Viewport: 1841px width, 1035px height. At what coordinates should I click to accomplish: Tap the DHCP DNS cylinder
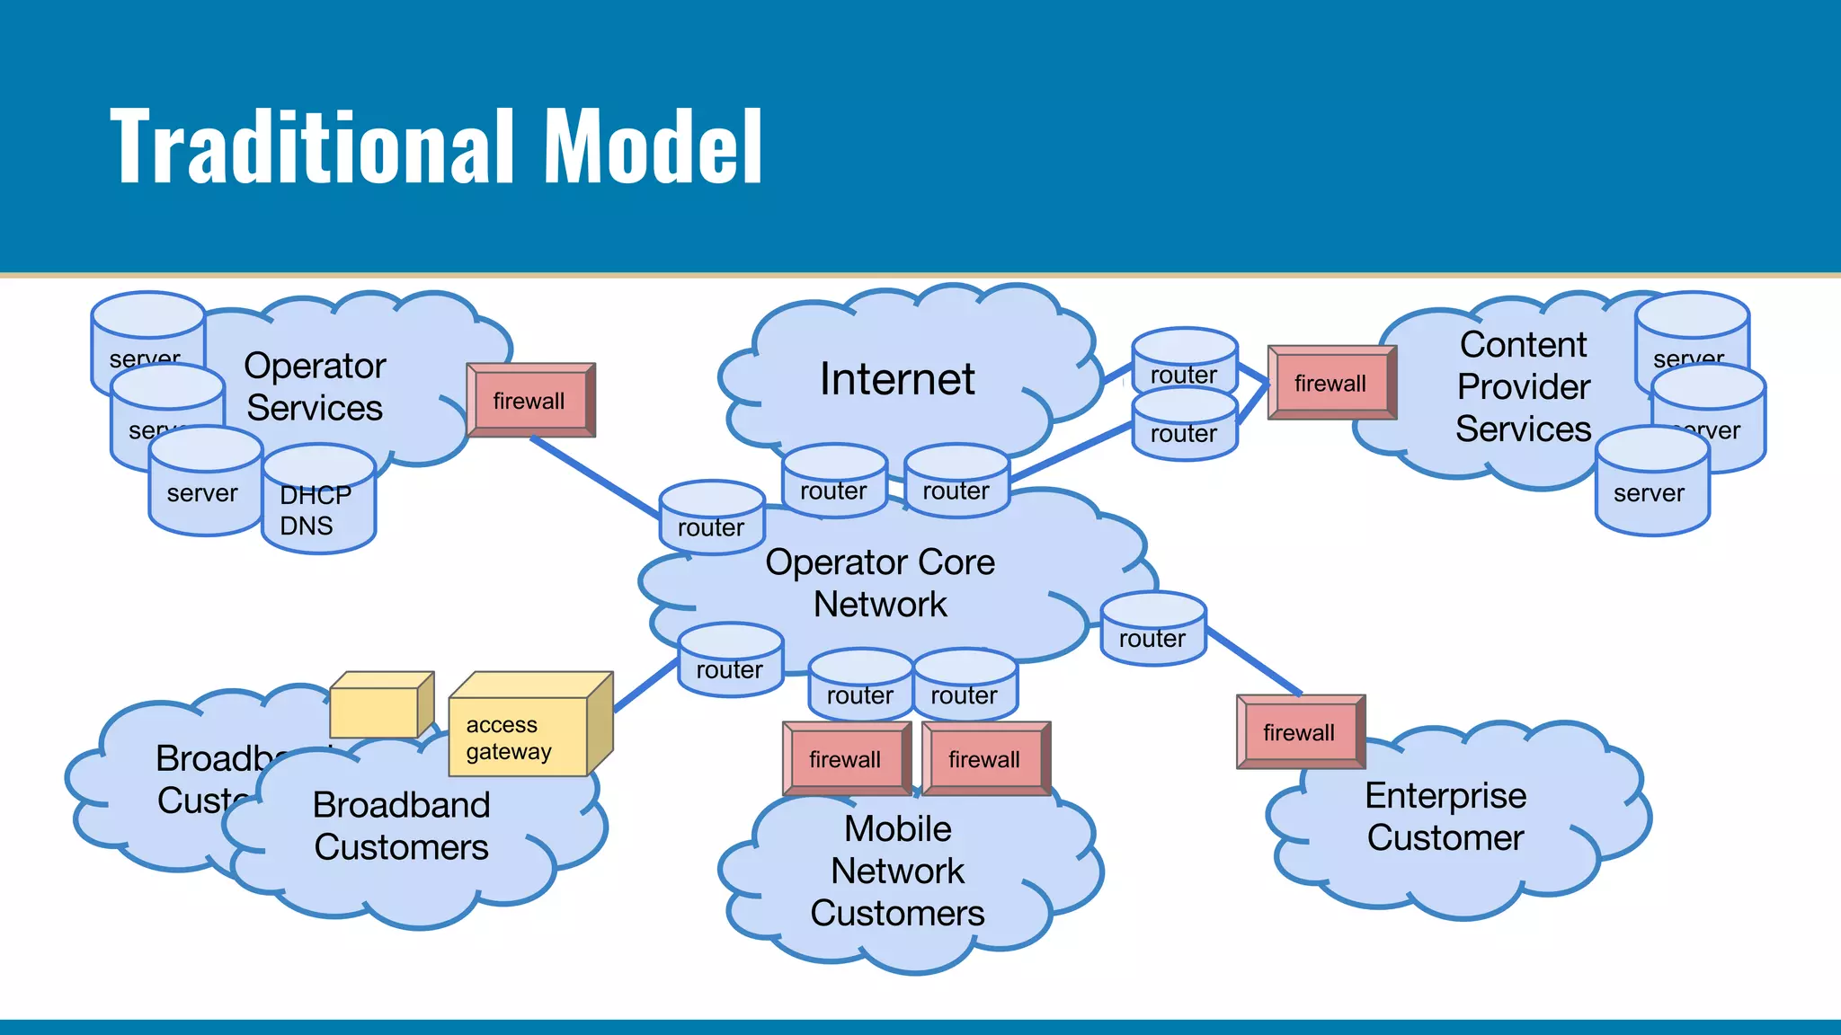click(318, 509)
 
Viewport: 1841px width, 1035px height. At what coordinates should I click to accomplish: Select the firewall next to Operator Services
click(530, 401)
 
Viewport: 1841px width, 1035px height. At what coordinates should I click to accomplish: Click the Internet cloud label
click(897, 378)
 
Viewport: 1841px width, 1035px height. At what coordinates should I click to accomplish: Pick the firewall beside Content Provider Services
click(1330, 384)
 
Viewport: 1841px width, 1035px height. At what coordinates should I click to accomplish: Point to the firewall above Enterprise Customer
click(1299, 732)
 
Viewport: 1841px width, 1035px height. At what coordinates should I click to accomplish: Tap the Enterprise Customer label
click(1445, 816)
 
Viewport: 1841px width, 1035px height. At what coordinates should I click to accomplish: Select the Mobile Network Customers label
click(897, 870)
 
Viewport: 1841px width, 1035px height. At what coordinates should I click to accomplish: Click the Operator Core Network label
click(880, 582)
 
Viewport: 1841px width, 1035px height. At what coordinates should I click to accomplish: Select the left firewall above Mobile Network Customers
click(845, 759)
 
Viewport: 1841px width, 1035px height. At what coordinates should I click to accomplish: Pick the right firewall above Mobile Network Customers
click(984, 759)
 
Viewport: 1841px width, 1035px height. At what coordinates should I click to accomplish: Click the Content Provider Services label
click(1523, 386)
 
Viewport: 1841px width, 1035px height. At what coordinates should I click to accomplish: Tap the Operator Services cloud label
click(315, 386)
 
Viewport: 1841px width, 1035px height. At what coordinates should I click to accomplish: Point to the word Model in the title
click(654, 146)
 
